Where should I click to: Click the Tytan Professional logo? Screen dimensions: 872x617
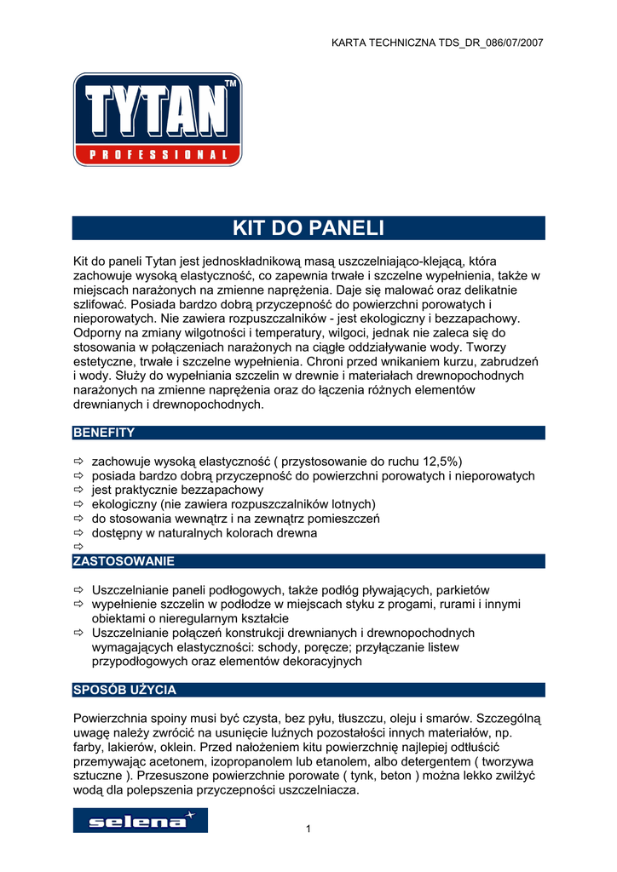(158, 119)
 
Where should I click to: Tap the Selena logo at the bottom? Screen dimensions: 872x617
(140, 821)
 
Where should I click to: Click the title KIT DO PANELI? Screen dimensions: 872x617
(308, 228)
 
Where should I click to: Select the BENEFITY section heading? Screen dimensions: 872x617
(104, 433)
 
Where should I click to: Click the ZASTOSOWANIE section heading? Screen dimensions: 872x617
(124, 561)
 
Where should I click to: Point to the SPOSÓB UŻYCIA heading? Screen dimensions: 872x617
(124, 690)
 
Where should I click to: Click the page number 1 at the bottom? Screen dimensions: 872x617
(308, 830)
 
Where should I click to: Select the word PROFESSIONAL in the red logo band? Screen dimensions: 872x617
(158, 155)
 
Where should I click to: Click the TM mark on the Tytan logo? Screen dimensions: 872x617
(230, 83)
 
